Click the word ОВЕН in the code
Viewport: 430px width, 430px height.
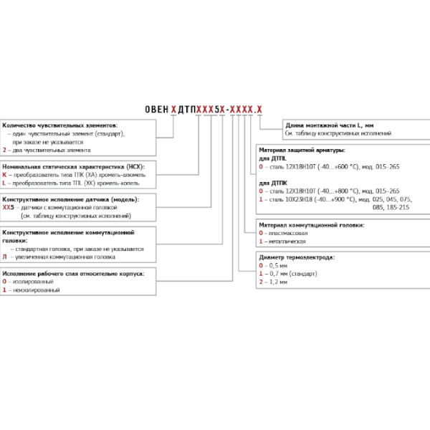coord(156,109)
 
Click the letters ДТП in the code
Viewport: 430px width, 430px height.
coord(186,109)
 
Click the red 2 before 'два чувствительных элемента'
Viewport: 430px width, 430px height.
coord(5,150)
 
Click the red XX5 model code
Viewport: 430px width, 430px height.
coord(9,207)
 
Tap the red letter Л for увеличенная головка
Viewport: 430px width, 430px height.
coord(5,257)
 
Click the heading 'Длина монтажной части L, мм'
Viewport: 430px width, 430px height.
coord(330,126)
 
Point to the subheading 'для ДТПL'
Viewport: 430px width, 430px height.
coord(272,158)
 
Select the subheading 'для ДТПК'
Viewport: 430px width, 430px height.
coord(272,183)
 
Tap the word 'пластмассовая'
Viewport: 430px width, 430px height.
coord(286,234)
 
